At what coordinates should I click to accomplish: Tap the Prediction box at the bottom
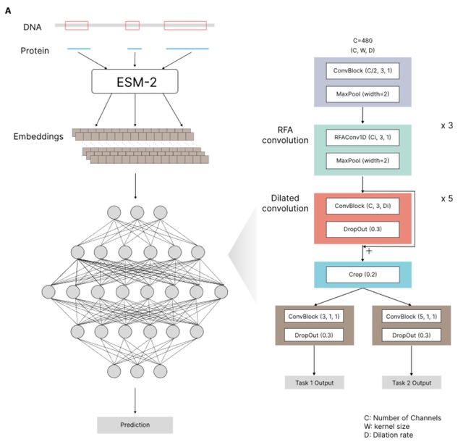(135, 425)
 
